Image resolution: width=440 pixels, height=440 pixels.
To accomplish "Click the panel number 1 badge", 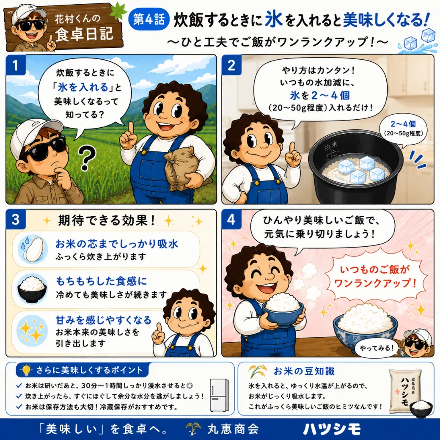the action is (x=16, y=65).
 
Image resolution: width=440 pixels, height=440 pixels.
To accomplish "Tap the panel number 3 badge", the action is (x=16, y=219).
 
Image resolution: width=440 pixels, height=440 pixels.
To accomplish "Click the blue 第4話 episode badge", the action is (x=148, y=20).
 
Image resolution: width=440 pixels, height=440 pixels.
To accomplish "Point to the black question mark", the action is (x=87, y=159).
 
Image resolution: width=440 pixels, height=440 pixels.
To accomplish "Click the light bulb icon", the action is (x=26, y=370).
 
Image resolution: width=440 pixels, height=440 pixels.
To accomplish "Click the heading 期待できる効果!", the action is (x=107, y=220).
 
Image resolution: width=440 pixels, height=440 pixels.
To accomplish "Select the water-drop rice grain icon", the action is (x=31, y=249).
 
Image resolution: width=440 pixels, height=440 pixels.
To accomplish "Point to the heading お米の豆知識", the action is (x=304, y=371).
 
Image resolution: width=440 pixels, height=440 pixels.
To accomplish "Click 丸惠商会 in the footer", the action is (x=233, y=429).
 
